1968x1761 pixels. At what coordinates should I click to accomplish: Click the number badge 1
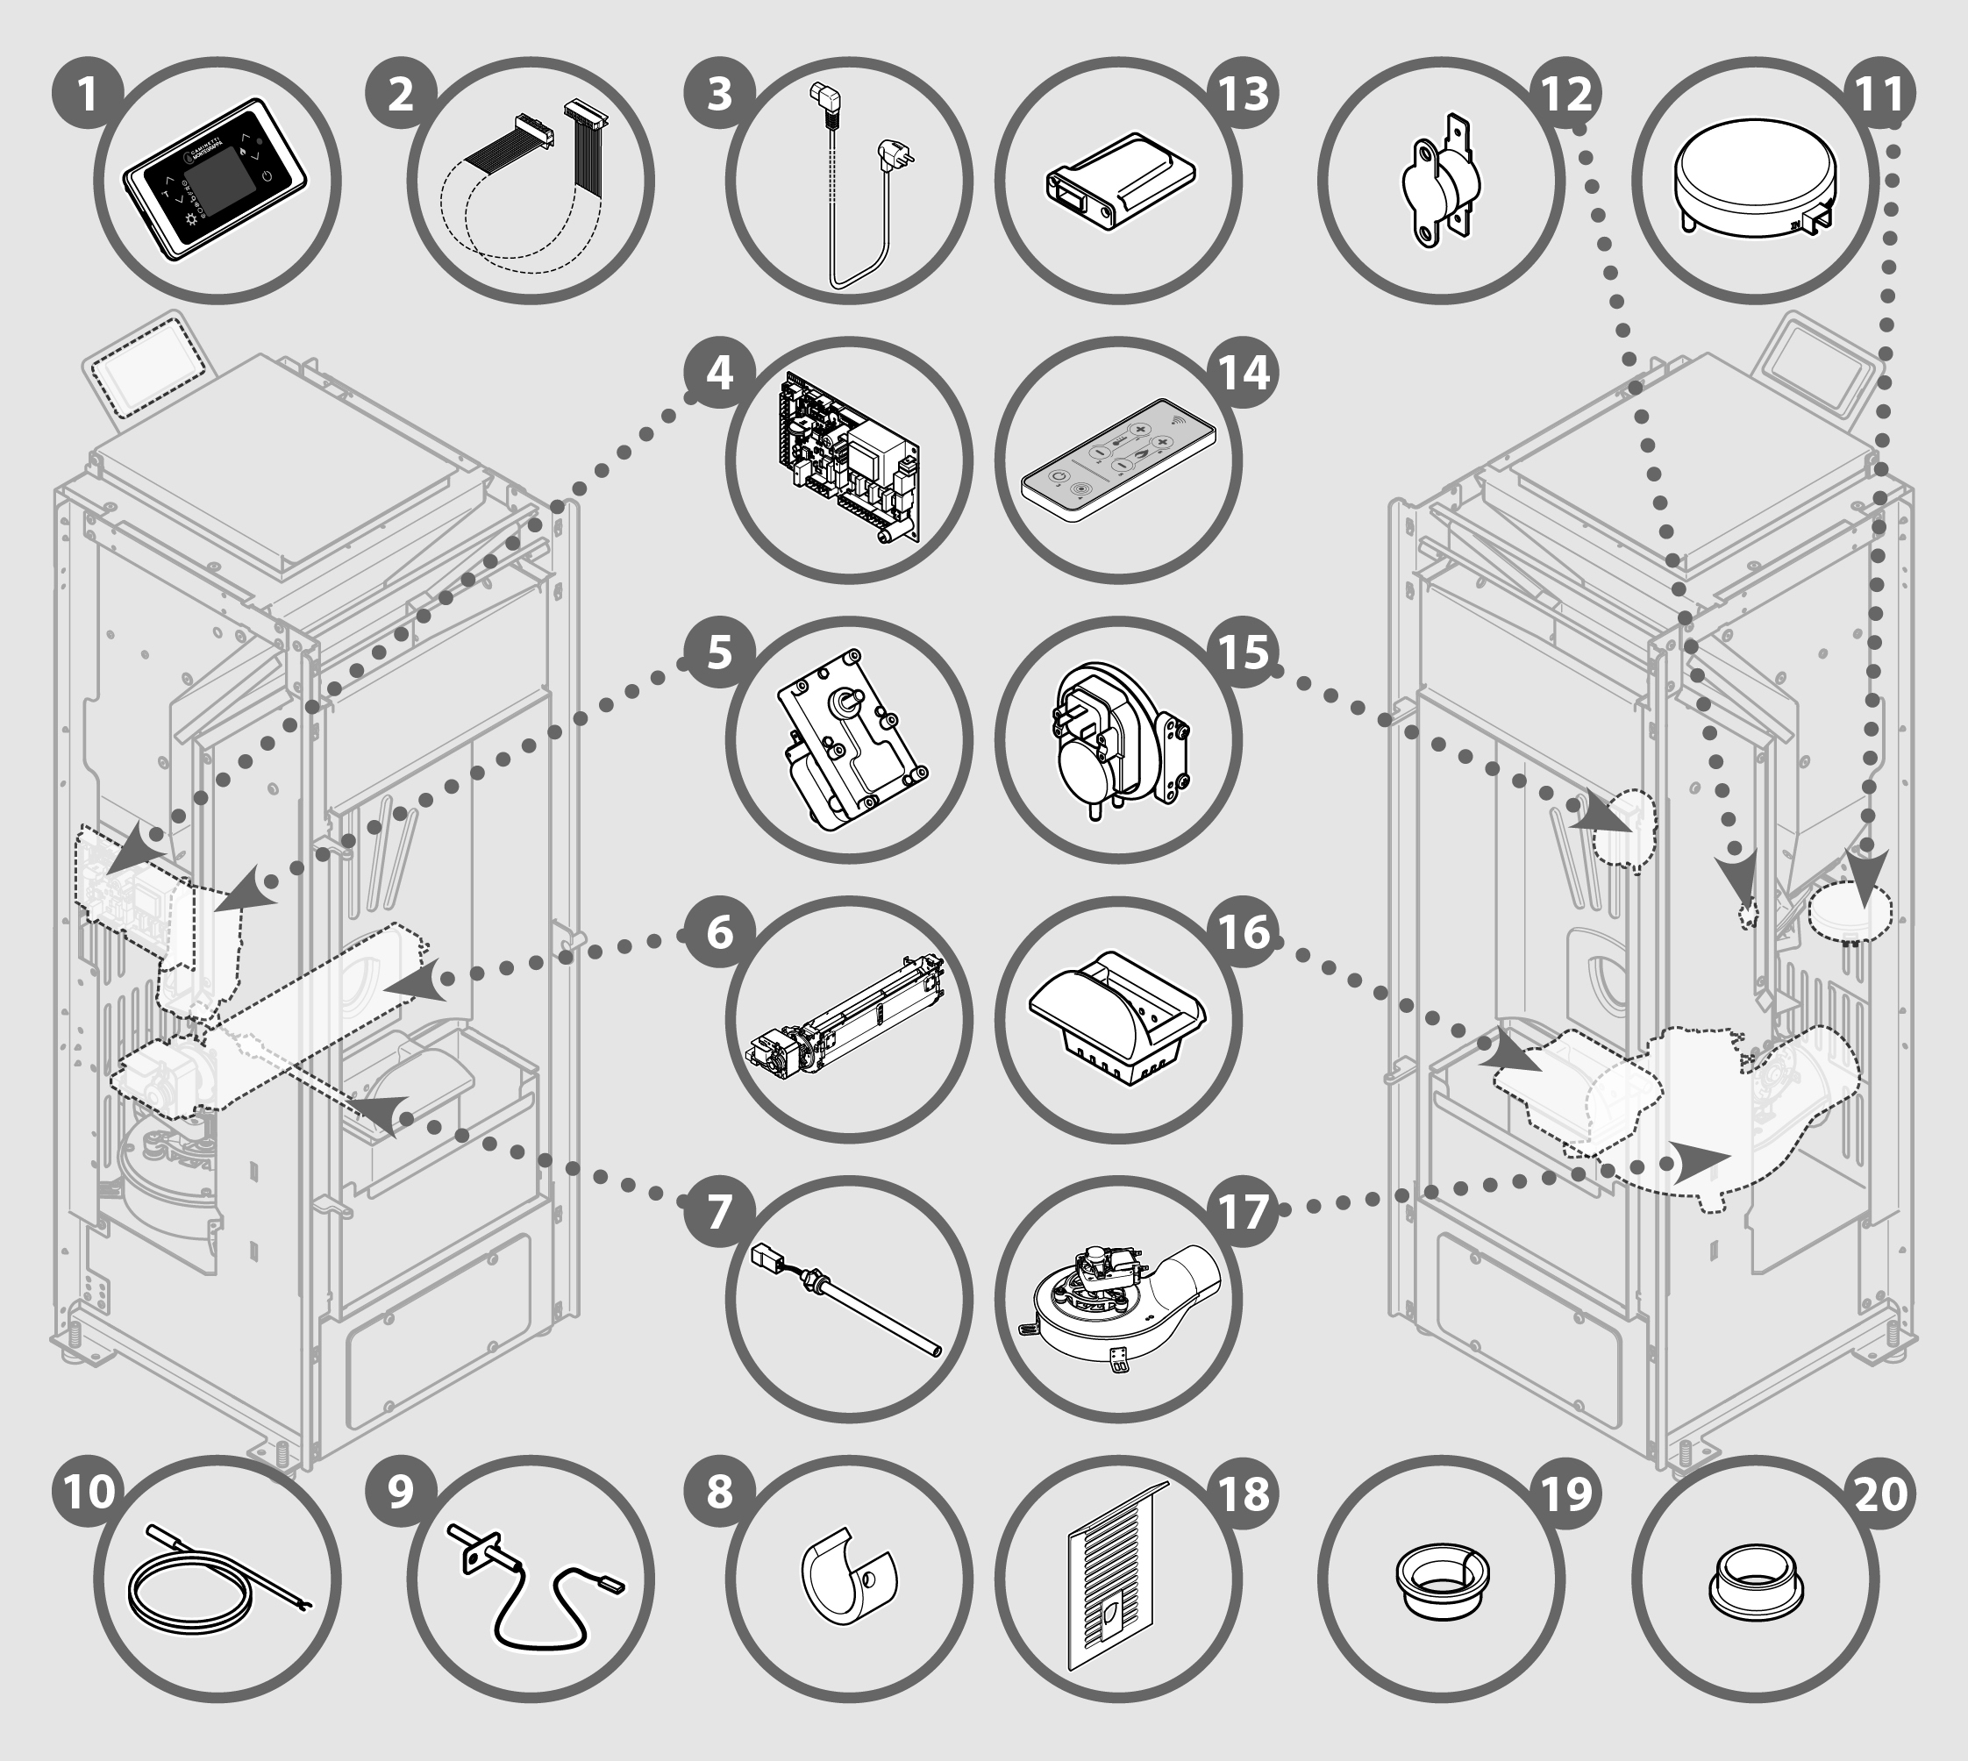88,95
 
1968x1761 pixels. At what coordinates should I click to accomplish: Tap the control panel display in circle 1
215,180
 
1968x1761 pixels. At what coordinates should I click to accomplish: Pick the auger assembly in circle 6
846,1021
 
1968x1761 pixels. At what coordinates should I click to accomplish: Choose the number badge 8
719,1492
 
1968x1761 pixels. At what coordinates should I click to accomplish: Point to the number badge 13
1244,95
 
